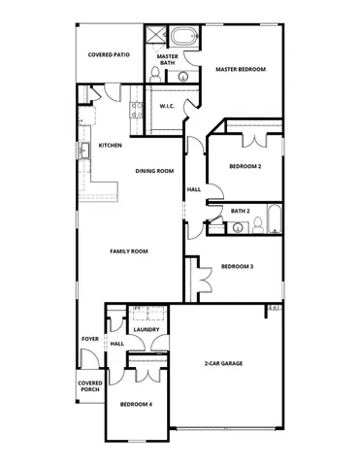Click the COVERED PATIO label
coord(109,55)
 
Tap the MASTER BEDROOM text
coord(241,70)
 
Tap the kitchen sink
coord(85,150)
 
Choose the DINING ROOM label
coord(154,171)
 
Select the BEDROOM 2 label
coord(245,167)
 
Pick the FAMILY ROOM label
coord(128,251)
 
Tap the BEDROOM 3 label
coord(238,267)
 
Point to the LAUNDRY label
coord(147,330)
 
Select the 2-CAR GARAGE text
coord(223,364)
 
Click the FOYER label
coord(90,339)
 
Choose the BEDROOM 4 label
coord(136,404)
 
